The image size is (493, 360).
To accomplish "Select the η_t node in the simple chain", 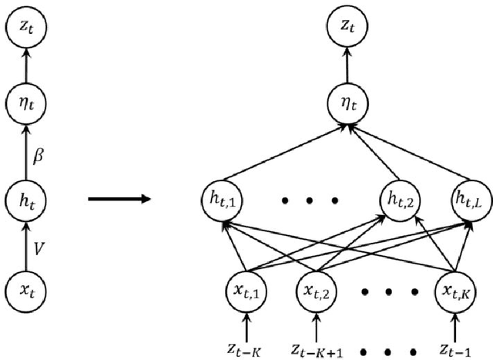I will [x=26, y=99].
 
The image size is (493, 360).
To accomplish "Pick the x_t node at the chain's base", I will [x=26, y=291].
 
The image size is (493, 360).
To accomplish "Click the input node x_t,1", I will [x=246, y=291].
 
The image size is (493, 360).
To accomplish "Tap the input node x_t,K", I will [x=459, y=291].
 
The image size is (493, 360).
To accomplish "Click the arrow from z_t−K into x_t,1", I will [x=246, y=324].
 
